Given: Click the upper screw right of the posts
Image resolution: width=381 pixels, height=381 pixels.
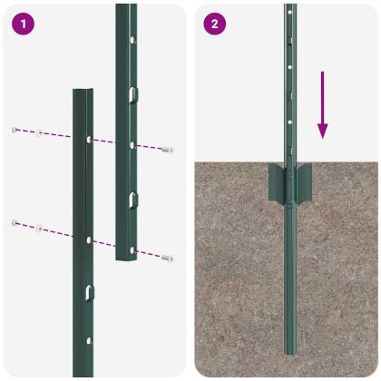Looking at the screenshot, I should (x=167, y=149).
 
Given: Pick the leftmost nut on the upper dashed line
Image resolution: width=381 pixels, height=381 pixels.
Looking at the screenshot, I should (x=15, y=130).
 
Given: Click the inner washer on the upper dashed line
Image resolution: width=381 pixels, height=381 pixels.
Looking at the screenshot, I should (x=40, y=133).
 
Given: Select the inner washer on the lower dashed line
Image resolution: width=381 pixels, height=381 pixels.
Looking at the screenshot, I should (x=39, y=227).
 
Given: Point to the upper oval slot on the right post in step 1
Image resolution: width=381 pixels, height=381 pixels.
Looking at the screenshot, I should (x=132, y=94).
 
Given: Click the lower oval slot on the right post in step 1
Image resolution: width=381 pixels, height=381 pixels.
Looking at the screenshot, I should (x=132, y=198).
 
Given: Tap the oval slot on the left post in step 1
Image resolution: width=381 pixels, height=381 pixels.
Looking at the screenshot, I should (x=89, y=292).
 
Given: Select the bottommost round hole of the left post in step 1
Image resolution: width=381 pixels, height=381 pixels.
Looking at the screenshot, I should (x=89, y=340).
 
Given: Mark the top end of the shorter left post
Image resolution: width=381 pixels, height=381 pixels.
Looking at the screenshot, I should (x=83, y=91).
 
